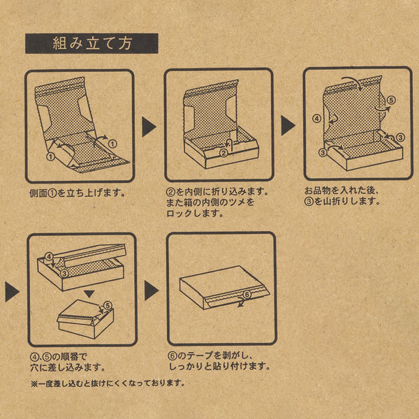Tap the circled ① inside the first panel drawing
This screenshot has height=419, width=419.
pyautogui.click(x=50, y=157)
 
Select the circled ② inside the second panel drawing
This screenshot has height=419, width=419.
pyautogui.click(x=223, y=153)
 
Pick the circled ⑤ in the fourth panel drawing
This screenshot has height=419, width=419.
pyautogui.click(x=106, y=306)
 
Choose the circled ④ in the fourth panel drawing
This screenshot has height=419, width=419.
pyautogui.click(x=49, y=258)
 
